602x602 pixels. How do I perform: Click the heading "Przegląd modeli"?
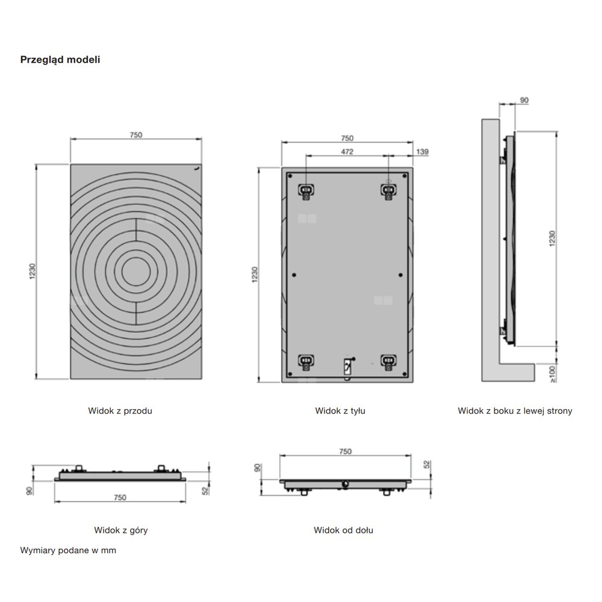click(60, 60)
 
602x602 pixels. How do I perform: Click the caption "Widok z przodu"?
click(120, 411)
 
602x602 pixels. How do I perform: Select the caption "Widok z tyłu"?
click(340, 411)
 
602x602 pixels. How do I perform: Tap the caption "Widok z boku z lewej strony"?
click(515, 411)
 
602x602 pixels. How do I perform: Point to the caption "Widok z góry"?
click(121, 530)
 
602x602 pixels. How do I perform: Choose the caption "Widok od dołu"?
click(344, 530)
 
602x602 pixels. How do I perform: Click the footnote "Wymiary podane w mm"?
click(68, 550)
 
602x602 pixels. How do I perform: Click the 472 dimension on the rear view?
click(347, 152)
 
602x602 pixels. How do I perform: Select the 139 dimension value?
click(422, 152)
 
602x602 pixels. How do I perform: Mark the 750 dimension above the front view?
click(136, 135)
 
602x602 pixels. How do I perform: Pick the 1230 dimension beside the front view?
click(33, 272)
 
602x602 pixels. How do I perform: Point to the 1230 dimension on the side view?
click(552, 240)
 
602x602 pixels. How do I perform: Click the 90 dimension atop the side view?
click(524, 101)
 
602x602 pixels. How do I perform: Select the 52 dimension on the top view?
click(205, 491)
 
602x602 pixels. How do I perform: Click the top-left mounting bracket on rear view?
click(307, 191)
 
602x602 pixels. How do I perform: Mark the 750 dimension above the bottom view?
click(345, 451)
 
